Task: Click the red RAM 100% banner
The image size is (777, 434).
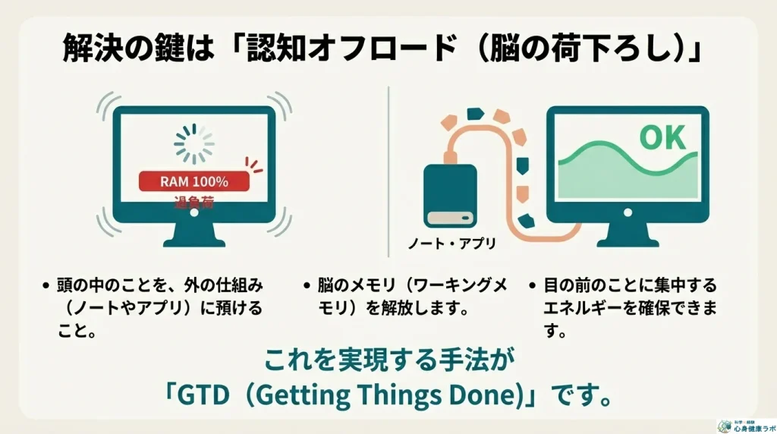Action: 194,182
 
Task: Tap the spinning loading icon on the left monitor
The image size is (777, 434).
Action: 195,142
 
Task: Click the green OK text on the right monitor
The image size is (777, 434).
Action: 662,138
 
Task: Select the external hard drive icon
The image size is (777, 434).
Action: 451,195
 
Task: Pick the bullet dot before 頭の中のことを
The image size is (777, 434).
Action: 47,285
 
